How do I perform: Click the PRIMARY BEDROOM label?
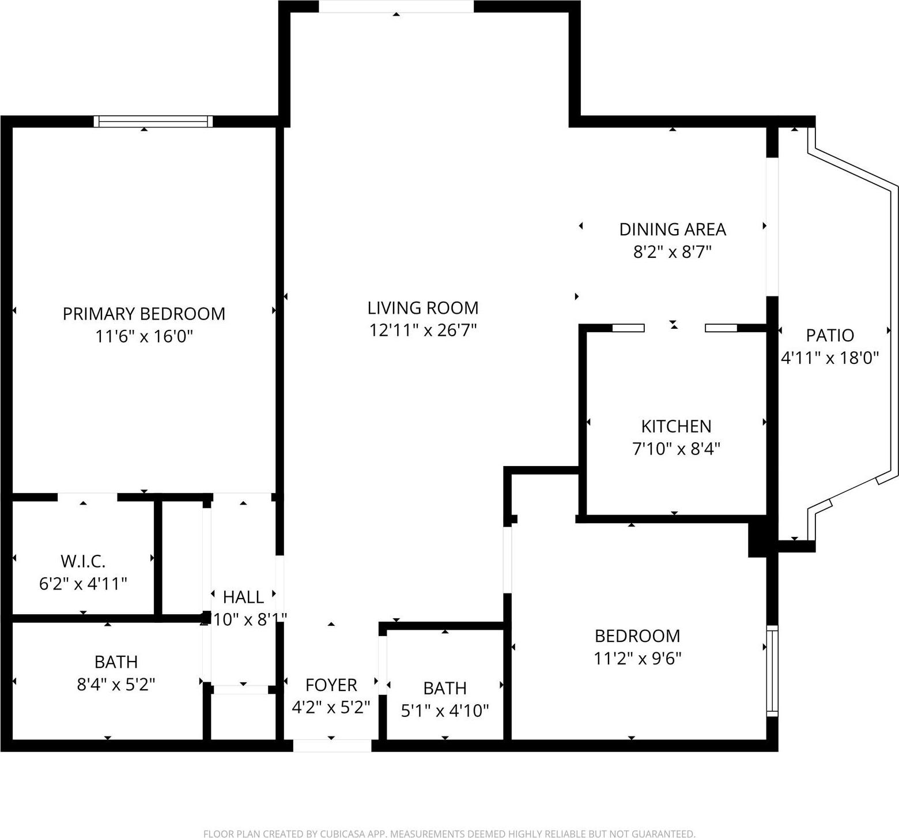click(x=143, y=314)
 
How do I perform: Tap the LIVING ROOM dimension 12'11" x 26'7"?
click(x=423, y=330)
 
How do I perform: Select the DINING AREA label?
click(x=672, y=230)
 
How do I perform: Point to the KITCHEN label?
click(x=676, y=426)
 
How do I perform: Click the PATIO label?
click(x=829, y=335)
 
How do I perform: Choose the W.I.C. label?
click(x=83, y=561)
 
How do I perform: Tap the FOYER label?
click(x=331, y=685)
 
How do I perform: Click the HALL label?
click(x=243, y=597)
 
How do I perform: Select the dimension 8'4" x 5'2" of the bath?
click(x=116, y=685)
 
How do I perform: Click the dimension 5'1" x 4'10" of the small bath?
click(x=444, y=711)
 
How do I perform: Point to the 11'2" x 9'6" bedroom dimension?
click(x=637, y=658)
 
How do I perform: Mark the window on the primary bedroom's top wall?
click(x=153, y=121)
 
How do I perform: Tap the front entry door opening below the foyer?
click(x=332, y=746)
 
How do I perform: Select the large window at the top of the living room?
click(x=396, y=6)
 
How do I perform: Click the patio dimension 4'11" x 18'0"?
click(x=829, y=358)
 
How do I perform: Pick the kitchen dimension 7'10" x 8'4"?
click(x=676, y=449)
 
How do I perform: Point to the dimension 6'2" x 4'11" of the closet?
click(x=83, y=584)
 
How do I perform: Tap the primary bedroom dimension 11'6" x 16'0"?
click(x=143, y=336)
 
